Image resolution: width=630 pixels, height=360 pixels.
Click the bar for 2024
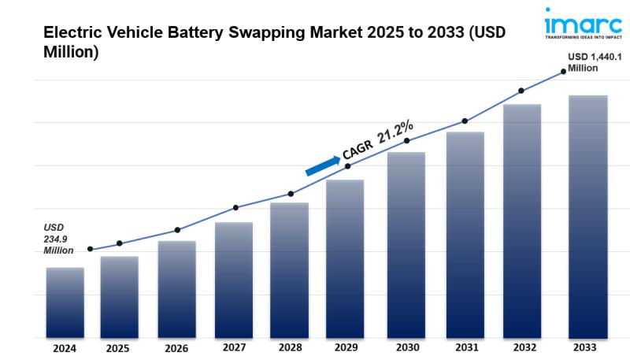(65, 302)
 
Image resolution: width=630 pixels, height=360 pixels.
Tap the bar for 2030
(406, 243)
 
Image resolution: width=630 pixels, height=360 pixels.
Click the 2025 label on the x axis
(117, 348)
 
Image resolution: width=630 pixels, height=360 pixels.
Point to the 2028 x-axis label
(290, 348)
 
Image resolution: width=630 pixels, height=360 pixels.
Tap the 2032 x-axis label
(522, 347)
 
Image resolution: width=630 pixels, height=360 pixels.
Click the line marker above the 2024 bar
(90, 249)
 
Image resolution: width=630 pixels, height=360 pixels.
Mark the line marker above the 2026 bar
(177, 230)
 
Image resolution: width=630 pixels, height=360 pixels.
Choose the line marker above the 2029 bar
(348, 166)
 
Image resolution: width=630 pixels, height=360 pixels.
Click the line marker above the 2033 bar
(564, 72)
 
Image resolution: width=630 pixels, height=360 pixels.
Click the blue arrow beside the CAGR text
(322, 165)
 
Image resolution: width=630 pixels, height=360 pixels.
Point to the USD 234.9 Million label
(58, 239)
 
